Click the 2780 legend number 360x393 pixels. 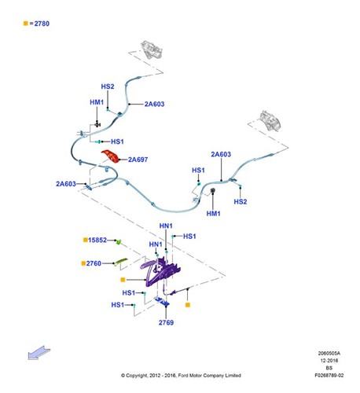click(x=42, y=24)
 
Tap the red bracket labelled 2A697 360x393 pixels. click(x=111, y=156)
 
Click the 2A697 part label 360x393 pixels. click(x=138, y=160)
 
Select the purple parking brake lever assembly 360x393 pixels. click(x=159, y=271)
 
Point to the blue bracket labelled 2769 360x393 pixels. click(x=162, y=301)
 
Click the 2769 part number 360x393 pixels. click(x=166, y=322)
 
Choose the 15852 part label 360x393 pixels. click(x=97, y=240)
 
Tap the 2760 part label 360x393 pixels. click(x=94, y=263)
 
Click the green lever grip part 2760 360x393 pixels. click(x=120, y=261)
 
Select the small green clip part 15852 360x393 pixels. click(x=119, y=241)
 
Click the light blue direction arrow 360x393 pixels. click(x=39, y=353)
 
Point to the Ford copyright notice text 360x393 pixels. click(x=181, y=376)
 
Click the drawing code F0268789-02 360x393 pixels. click(x=329, y=375)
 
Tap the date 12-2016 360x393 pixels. click(x=329, y=361)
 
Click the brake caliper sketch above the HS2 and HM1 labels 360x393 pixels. click(x=152, y=50)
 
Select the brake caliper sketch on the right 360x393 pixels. click(x=270, y=121)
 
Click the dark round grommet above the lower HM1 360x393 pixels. click(x=213, y=189)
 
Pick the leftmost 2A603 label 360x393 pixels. click(x=66, y=184)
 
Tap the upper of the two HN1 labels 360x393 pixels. click(x=166, y=226)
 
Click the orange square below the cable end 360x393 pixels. click(x=188, y=305)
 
